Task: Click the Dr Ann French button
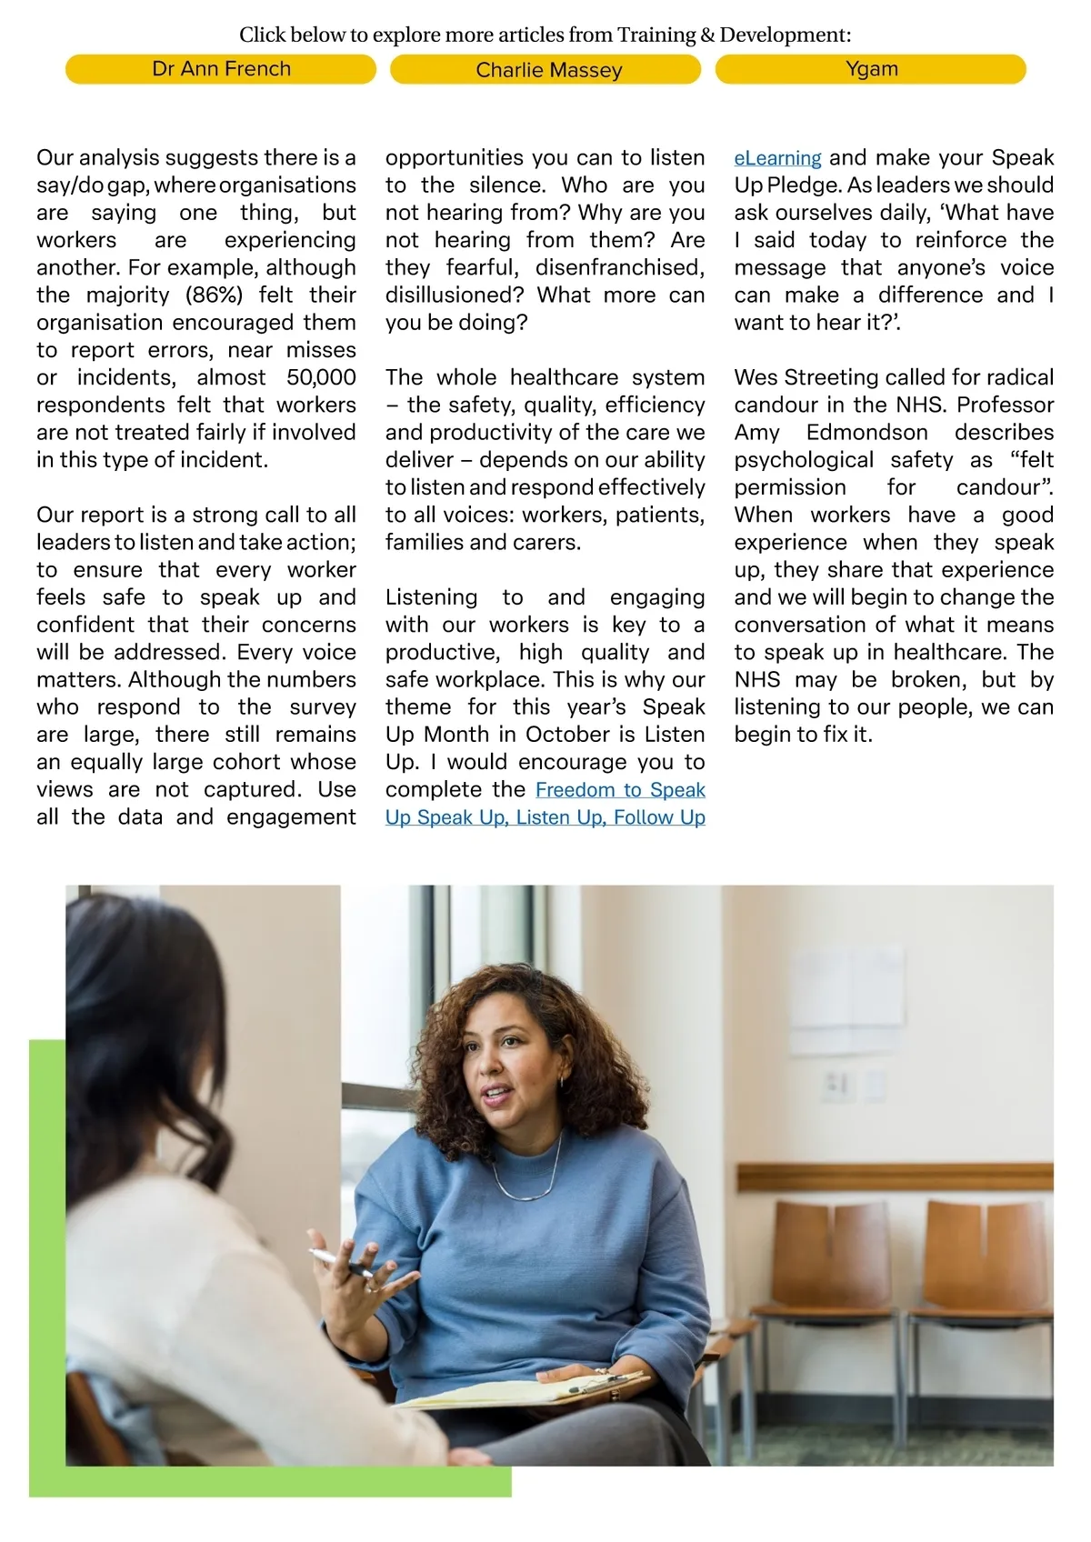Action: [x=221, y=69]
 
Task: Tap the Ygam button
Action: [x=871, y=69]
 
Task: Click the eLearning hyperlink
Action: [x=777, y=158]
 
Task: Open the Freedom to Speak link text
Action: [x=620, y=790]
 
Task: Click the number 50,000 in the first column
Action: [x=321, y=377]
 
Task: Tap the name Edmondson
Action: [x=866, y=433]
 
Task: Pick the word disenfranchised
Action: [x=619, y=268]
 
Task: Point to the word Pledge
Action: [x=803, y=185]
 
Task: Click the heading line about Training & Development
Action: [x=545, y=35]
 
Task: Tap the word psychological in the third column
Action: [x=804, y=460]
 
